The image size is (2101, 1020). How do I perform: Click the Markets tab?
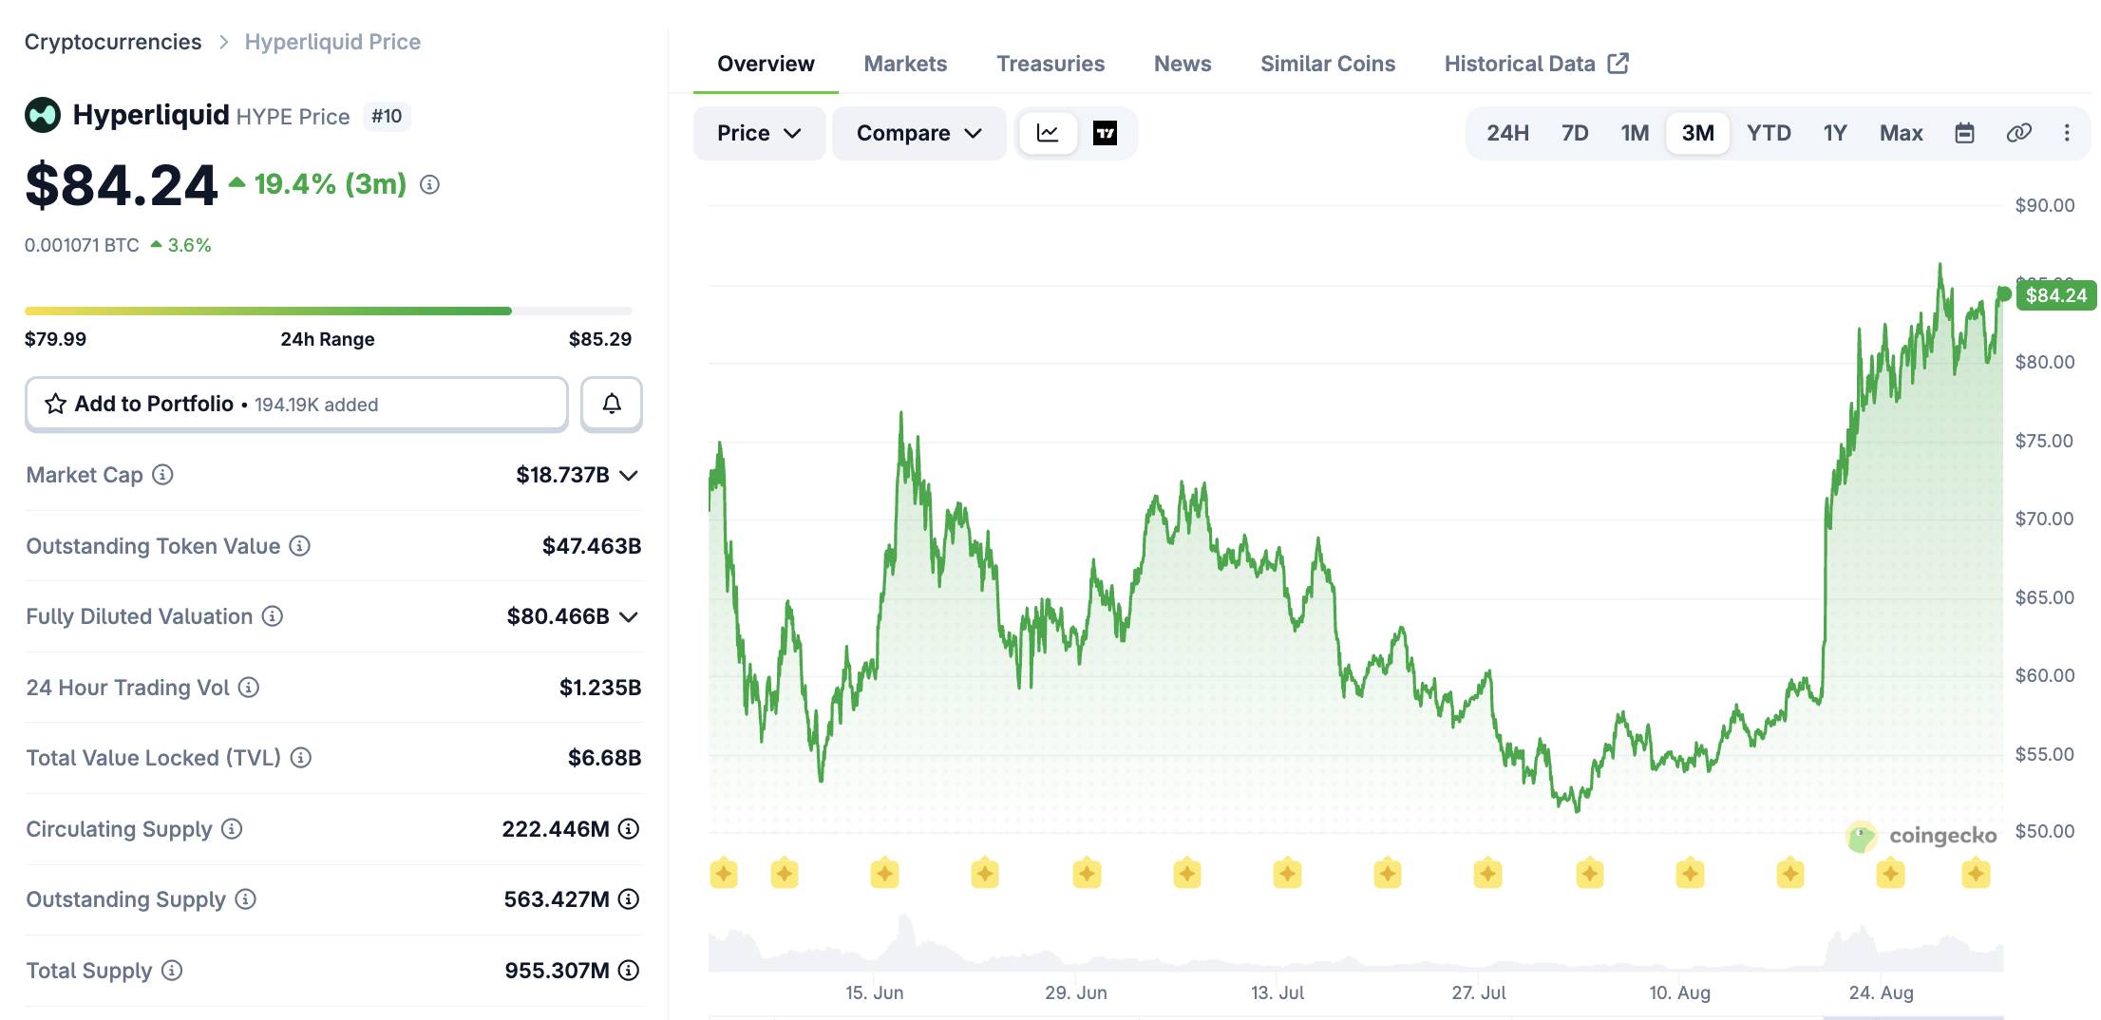pyautogui.click(x=905, y=64)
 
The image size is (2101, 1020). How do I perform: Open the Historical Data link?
pyautogui.click(x=1536, y=64)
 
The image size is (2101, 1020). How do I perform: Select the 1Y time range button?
pyautogui.click(x=1834, y=133)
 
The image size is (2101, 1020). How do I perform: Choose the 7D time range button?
pyautogui.click(x=1575, y=133)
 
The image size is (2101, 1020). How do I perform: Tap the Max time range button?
pyautogui.click(x=1901, y=133)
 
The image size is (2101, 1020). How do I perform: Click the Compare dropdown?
pyautogui.click(x=918, y=133)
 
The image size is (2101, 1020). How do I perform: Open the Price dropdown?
pyautogui.click(x=759, y=133)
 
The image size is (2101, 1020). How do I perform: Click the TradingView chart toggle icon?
pyautogui.click(x=1105, y=133)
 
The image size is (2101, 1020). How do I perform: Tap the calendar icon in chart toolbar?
pyautogui.click(x=1964, y=133)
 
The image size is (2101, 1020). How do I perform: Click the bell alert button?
pyautogui.click(x=612, y=404)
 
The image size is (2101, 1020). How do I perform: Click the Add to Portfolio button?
pyautogui.click(x=296, y=404)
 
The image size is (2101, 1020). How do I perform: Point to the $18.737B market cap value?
pyautogui.click(x=562, y=475)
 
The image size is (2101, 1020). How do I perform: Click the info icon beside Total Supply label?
pyautogui.click(x=172, y=971)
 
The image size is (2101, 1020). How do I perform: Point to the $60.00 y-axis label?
pyautogui.click(x=2045, y=675)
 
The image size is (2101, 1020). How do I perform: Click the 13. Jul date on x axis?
pyautogui.click(x=1277, y=992)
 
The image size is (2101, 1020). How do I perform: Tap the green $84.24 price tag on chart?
pyautogui.click(x=2055, y=295)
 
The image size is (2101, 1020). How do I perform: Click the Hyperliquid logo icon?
pyautogui.click(x=43, y=116)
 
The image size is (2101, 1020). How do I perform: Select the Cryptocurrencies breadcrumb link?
pyautogui.click(x=113, y=42)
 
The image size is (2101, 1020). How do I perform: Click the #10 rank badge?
pyautogui.click(x=387, y=116)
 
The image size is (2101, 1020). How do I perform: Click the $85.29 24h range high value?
pyautogui.click(x=600, y=339)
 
